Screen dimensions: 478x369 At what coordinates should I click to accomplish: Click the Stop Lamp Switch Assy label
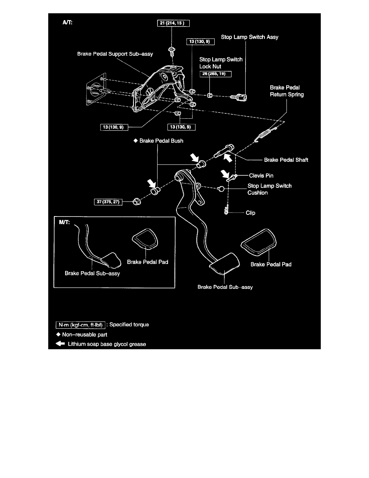[x=250, y=37]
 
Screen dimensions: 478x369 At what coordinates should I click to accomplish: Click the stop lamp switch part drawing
[x=240, y=97]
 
